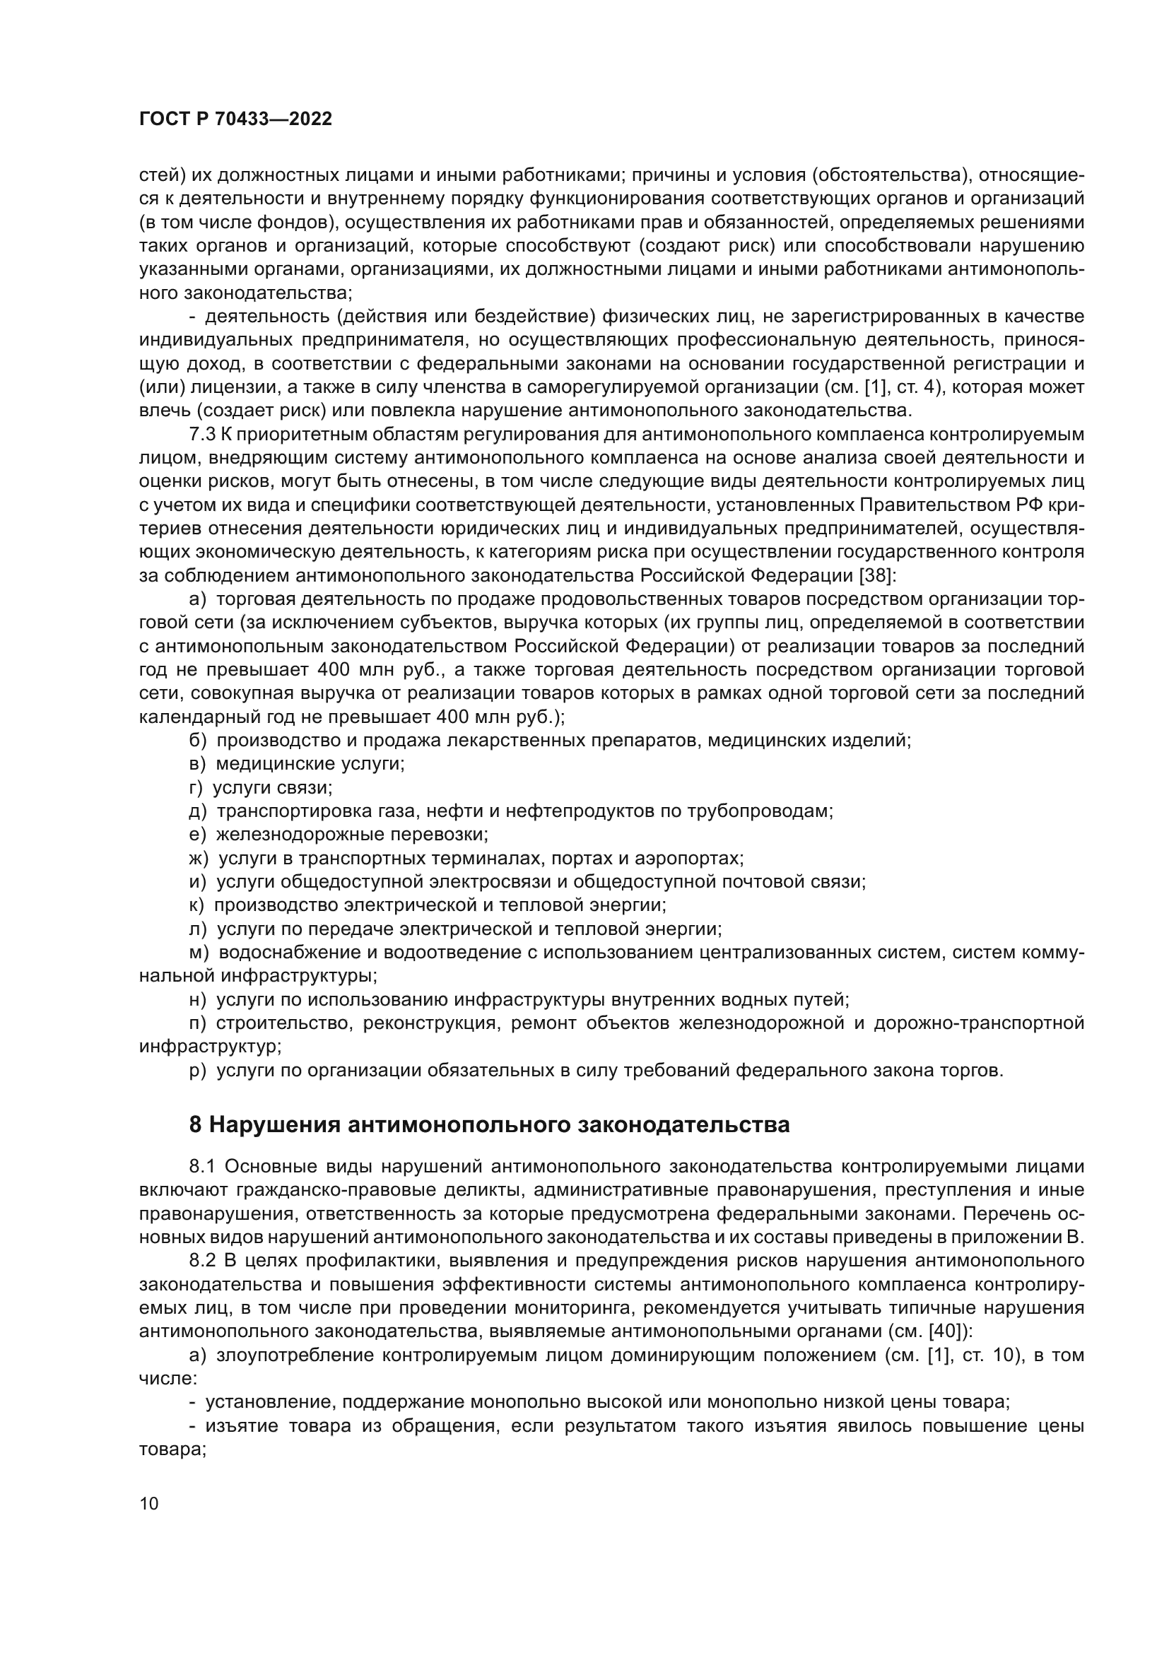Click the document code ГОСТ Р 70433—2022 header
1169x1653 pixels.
tap(235, 119)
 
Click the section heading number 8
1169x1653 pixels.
tap(195, 1124)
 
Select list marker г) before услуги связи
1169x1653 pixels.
tap(196, 787)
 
